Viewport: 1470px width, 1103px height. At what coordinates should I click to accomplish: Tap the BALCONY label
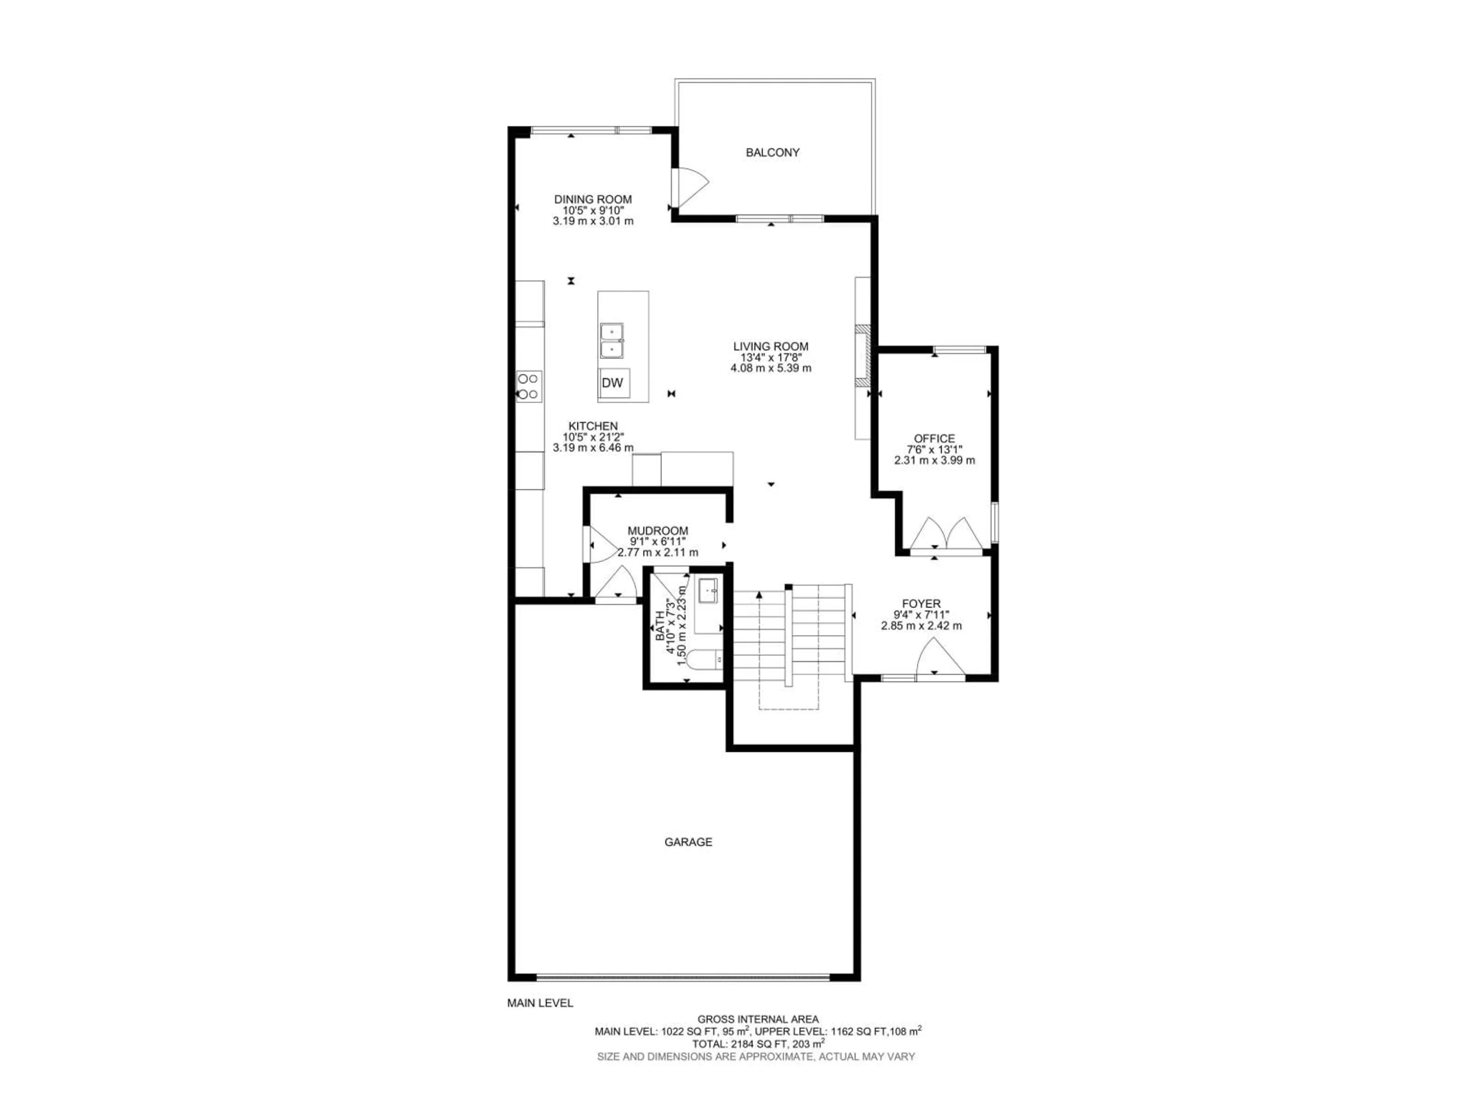772,152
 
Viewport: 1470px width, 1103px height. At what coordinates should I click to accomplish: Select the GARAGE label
688,842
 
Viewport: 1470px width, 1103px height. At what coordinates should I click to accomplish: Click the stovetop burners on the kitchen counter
529,386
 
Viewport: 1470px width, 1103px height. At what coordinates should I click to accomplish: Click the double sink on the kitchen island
611,340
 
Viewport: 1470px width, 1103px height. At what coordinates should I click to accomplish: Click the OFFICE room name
934,439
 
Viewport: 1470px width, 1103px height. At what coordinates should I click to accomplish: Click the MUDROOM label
658,530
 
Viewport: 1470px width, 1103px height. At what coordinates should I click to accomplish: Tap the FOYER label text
921,604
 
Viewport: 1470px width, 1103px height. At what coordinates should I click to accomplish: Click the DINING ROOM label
593,200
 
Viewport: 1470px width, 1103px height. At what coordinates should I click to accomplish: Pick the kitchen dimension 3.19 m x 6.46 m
593,448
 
